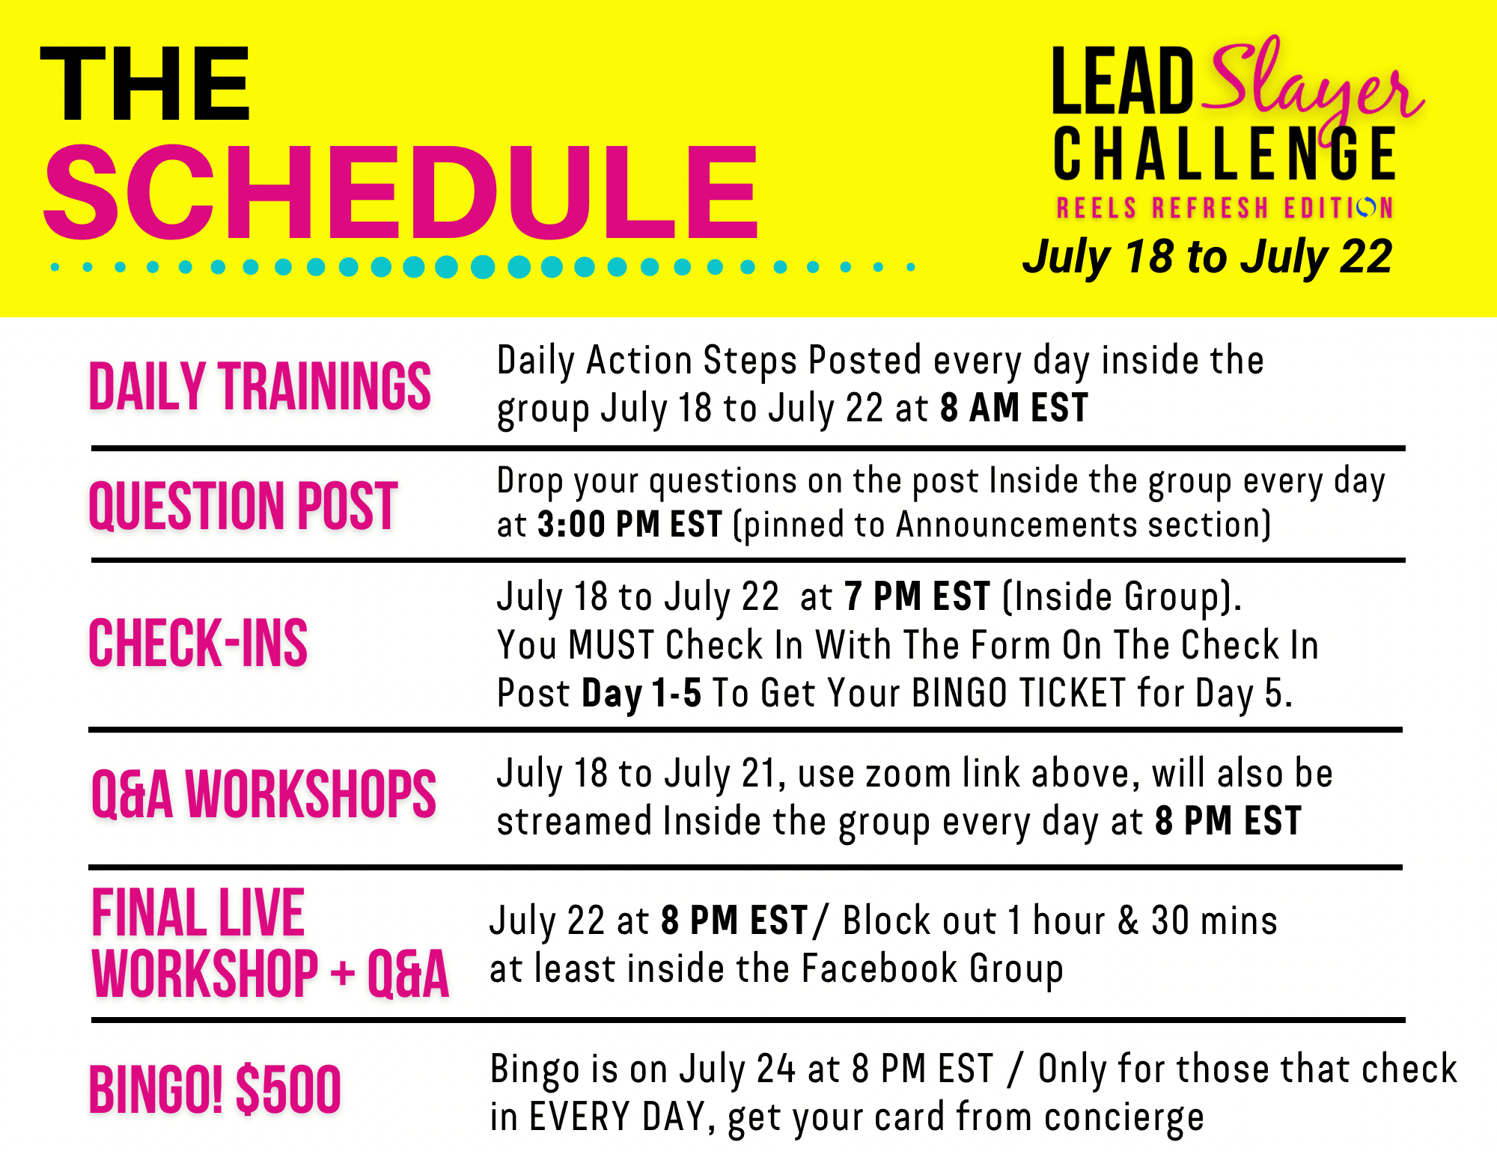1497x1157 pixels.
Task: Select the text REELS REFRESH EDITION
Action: [x=1225, y=207]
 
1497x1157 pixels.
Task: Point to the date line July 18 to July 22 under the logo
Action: [x=1207, y=257]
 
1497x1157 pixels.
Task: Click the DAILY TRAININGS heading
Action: [x=260, y=386]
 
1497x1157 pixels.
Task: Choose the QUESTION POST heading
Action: [x=243, y=506]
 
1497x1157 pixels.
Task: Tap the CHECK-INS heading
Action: [x=198, y=643]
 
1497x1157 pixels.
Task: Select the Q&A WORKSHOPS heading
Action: [x=263, y=794]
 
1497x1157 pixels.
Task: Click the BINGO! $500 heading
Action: [x=215, y=1089]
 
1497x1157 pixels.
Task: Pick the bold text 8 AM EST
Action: [x=1014, y=409]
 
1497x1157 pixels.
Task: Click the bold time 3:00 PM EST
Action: [x=630, y=525]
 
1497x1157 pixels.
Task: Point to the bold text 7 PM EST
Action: [x=918, y=597]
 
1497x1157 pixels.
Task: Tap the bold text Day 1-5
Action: [x=641, y=694]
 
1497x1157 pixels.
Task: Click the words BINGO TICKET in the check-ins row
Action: [x=1019, y=693]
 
